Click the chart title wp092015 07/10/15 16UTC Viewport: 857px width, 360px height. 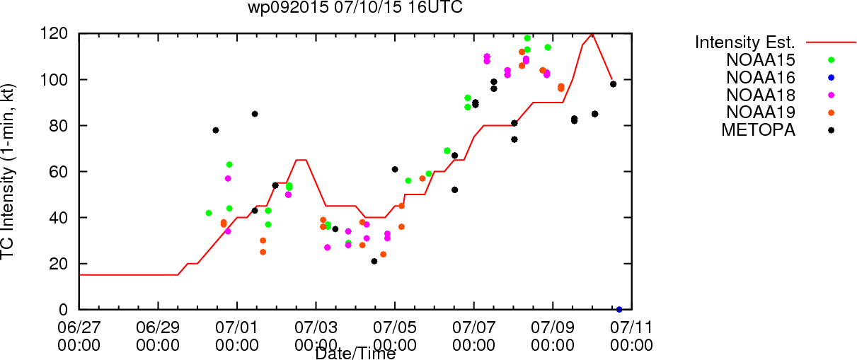click(x=355, y=7)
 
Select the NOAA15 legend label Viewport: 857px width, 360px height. click(x=761, y=60)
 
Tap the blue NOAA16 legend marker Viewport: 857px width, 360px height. click(x=831, y=78)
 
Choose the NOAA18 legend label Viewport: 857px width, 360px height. click(x=761, y=95)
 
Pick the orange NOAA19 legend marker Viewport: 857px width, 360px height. click(x=831, y=112)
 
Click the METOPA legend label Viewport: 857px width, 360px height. click(x=759, y=130)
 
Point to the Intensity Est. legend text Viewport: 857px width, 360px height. click(x=745, y=42)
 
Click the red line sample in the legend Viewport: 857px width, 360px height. click(x=831, y=42)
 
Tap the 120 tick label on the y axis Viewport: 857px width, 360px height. click(x=54, y=34)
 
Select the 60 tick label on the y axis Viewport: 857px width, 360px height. click(x=59, y=172)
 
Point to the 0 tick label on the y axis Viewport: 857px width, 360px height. click(x=64, y=310)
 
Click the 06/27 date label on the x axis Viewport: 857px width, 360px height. click(x=79, y=327)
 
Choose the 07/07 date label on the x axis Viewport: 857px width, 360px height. click(x=473, y=327)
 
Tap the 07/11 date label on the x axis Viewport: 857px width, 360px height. click(x=632, y=327)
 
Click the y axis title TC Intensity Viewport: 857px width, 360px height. click(x=8, y=172)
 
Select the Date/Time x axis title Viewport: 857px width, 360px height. click(x=355, y=354)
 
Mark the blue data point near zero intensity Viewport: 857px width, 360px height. click(x=619, y=310)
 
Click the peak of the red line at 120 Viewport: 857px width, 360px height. click(x=592, y=34)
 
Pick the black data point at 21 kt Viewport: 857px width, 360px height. click(x=374, y=262)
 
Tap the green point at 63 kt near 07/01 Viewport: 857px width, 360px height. click(x=229, y=165)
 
